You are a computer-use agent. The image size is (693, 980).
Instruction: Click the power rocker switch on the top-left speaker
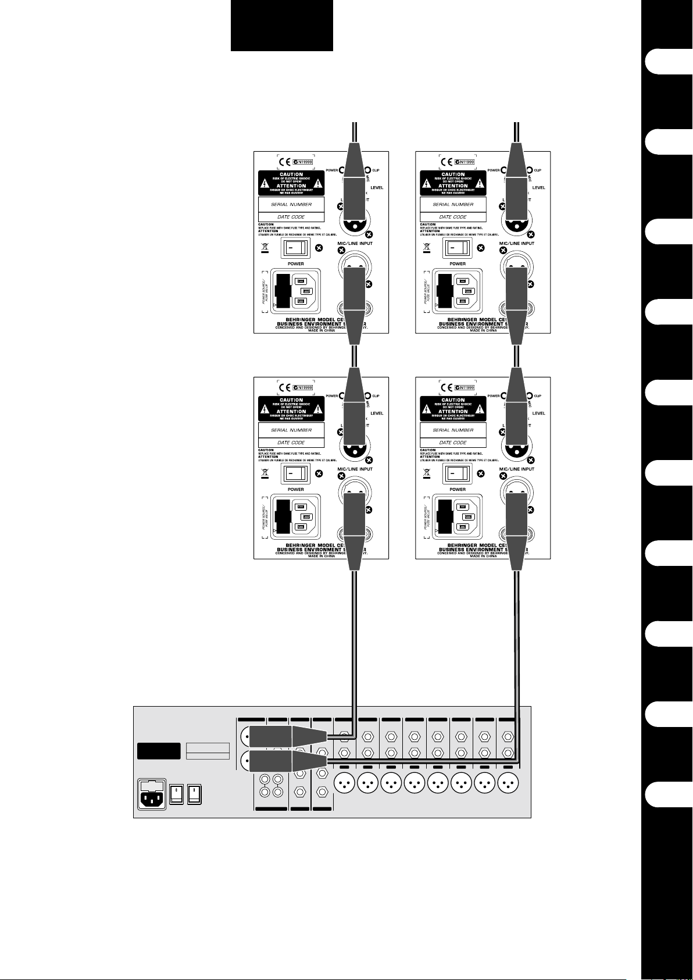295,248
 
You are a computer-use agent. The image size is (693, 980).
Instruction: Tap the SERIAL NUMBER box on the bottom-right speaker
453,430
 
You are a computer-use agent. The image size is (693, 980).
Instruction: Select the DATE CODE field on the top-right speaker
453,217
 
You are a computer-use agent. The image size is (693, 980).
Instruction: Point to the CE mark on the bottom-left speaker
285,387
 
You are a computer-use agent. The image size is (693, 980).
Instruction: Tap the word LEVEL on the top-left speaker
377,187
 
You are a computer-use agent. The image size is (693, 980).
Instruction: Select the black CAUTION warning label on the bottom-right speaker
453,409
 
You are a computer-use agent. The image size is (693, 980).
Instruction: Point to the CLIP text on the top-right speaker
537,170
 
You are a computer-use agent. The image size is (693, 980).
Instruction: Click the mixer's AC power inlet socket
152,794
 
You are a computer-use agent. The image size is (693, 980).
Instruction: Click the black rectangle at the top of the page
282,26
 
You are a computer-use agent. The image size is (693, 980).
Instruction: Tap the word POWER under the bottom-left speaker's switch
295,490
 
